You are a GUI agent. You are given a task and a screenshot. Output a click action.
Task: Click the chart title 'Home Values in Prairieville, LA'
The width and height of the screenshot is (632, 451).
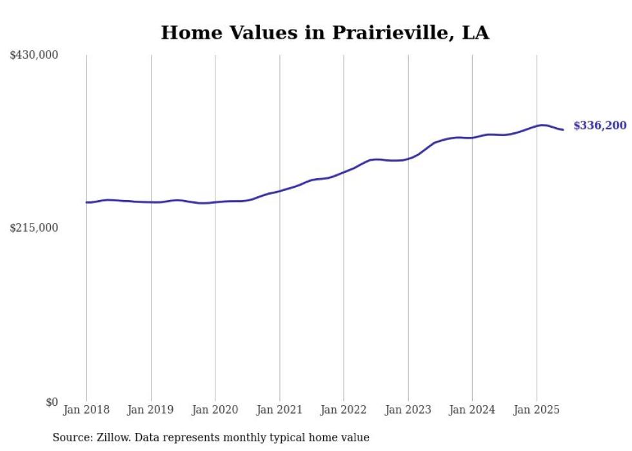click(x=324, y=33)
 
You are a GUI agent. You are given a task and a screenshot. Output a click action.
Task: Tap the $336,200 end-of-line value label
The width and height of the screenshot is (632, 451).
click(x=600, y=126)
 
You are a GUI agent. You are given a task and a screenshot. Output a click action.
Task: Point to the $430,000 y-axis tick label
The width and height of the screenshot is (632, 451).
click(x=34, y=55)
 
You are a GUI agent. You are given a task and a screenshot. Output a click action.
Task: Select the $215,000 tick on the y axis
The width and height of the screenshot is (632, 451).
click(x=34, y=228)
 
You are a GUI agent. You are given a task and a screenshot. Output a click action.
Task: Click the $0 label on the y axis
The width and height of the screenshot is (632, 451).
click(x=52, y=402)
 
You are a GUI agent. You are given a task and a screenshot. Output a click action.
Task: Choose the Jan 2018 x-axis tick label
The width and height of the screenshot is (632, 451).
click(x=86, y=410)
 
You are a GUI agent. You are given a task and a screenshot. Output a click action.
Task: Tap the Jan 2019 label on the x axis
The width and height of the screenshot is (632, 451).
click(x=151, y=410)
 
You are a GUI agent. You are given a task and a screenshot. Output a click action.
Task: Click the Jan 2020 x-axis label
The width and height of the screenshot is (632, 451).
click(x=215, y=410)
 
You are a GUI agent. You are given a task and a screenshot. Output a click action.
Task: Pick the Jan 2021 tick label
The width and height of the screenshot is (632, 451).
click(x=279, y=410)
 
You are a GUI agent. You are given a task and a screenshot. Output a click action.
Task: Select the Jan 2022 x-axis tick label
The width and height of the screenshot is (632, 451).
click(x=344, y=410)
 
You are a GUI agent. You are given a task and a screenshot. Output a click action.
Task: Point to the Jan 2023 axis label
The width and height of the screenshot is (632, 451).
click(x=408, y=410)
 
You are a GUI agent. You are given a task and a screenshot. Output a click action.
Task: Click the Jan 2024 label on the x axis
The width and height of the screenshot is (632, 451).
click(x=472, y=410)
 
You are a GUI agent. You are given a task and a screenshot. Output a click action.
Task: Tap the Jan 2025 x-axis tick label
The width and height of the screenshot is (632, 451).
click(x=537, y=410)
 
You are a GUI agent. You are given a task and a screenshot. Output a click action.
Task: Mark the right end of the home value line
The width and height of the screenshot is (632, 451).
click(x=563, y=130)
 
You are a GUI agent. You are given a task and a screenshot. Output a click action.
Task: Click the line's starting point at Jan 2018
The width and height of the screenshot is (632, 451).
click(x=86, y=203)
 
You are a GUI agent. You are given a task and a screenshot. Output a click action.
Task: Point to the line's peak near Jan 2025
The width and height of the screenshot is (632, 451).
click(x=542, y=125)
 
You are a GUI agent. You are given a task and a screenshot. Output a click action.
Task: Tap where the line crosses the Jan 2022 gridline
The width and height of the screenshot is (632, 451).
click(x=344, y=172)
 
